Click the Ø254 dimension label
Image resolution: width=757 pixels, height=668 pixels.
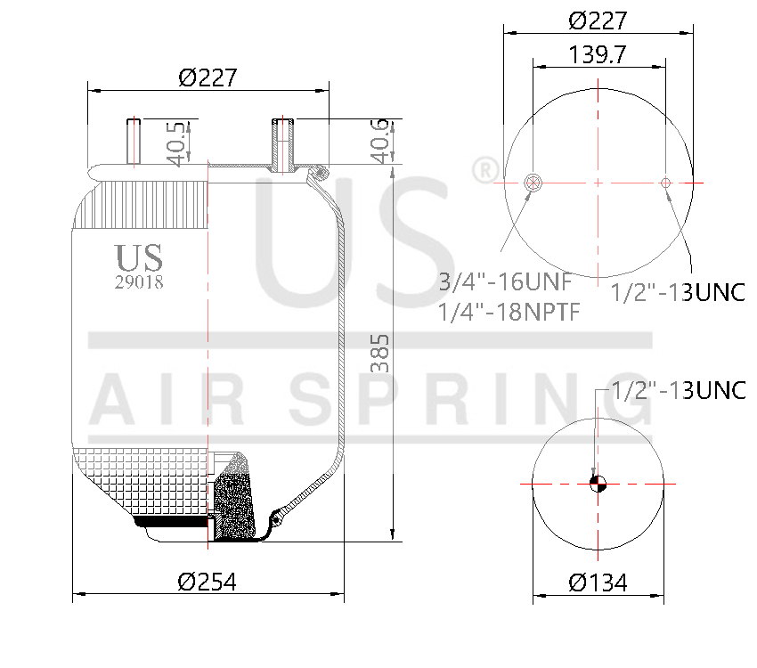click(207, 582)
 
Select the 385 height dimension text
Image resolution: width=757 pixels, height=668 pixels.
click(379, 354)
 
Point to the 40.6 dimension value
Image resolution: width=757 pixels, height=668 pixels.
click(379, 143)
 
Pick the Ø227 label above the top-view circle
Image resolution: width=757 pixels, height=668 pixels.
click(598, 20)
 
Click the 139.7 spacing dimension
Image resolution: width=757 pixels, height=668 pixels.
click(598, 54)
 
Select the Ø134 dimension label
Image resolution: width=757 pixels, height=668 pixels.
click(598, 582)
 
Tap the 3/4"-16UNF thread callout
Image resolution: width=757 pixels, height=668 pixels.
click(504, 282)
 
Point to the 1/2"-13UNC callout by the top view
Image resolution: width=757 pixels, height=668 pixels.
click(678, 292)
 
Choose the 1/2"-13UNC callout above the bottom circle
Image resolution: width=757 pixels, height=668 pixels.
click(678, 390)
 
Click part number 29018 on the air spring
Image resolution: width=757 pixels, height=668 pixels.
click(139, 281)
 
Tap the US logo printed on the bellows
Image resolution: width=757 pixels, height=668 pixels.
click(139, 257)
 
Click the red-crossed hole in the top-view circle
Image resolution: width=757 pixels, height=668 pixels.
click(533, 183)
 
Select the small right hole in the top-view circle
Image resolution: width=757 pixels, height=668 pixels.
click(665, 183)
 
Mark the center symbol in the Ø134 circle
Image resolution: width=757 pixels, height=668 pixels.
click(598, 484)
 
